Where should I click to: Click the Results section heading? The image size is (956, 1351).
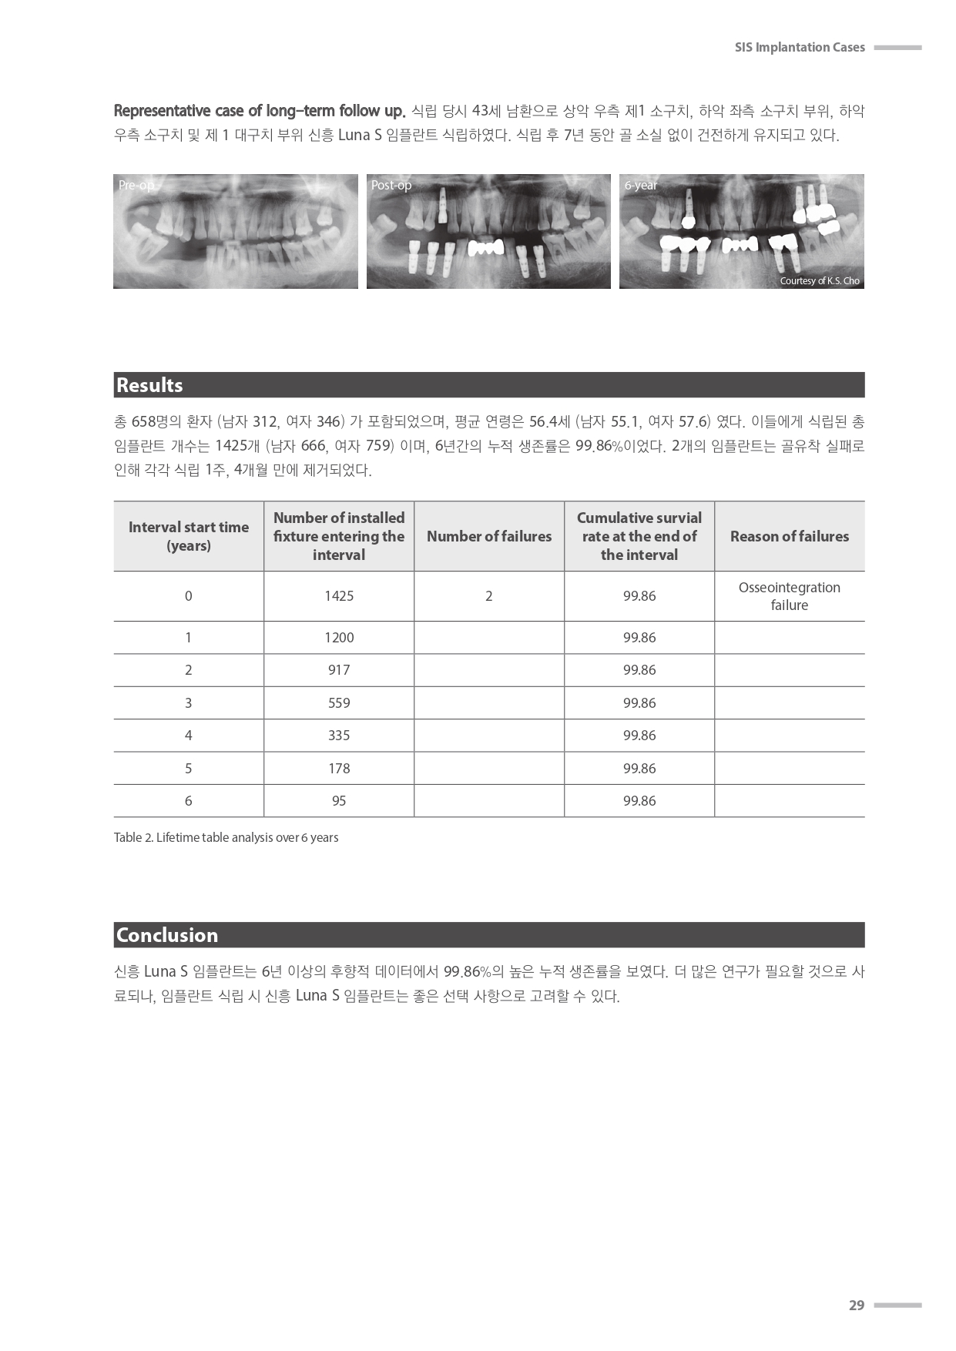tap(149, 385)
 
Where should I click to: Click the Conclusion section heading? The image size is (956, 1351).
tap(167, 935)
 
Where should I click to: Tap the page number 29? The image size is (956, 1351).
tap(856, 1305)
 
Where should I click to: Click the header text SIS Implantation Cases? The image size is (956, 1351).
tap(799, 48)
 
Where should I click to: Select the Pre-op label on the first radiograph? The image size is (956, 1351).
tap(136, 186)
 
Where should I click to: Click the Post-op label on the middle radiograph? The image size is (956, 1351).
tap(391, 186)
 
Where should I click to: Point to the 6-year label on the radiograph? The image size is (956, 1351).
tap(641, 186)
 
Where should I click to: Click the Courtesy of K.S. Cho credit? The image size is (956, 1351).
tap(819, 281)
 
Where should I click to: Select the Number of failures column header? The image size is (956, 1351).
tap(489, 536)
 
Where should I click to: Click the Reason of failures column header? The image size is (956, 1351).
tap(789, 536)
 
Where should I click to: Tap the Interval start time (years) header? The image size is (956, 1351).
tap(189, 536)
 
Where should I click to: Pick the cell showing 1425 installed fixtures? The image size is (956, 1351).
tap(339, 596)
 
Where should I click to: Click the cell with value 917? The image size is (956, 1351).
tap(339, 670)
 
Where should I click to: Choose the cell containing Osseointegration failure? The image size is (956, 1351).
tap(789, 596)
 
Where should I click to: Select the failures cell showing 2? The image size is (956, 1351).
tap(489, 596)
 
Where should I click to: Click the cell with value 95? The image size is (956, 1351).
tap(339, 801)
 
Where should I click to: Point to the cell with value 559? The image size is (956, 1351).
tap(339, 703)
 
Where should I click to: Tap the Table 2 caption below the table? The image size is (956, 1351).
tap(226, 837)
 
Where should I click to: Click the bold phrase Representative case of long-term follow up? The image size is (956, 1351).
tap(259, 111)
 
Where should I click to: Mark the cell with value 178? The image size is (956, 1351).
tap(339, 769)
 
